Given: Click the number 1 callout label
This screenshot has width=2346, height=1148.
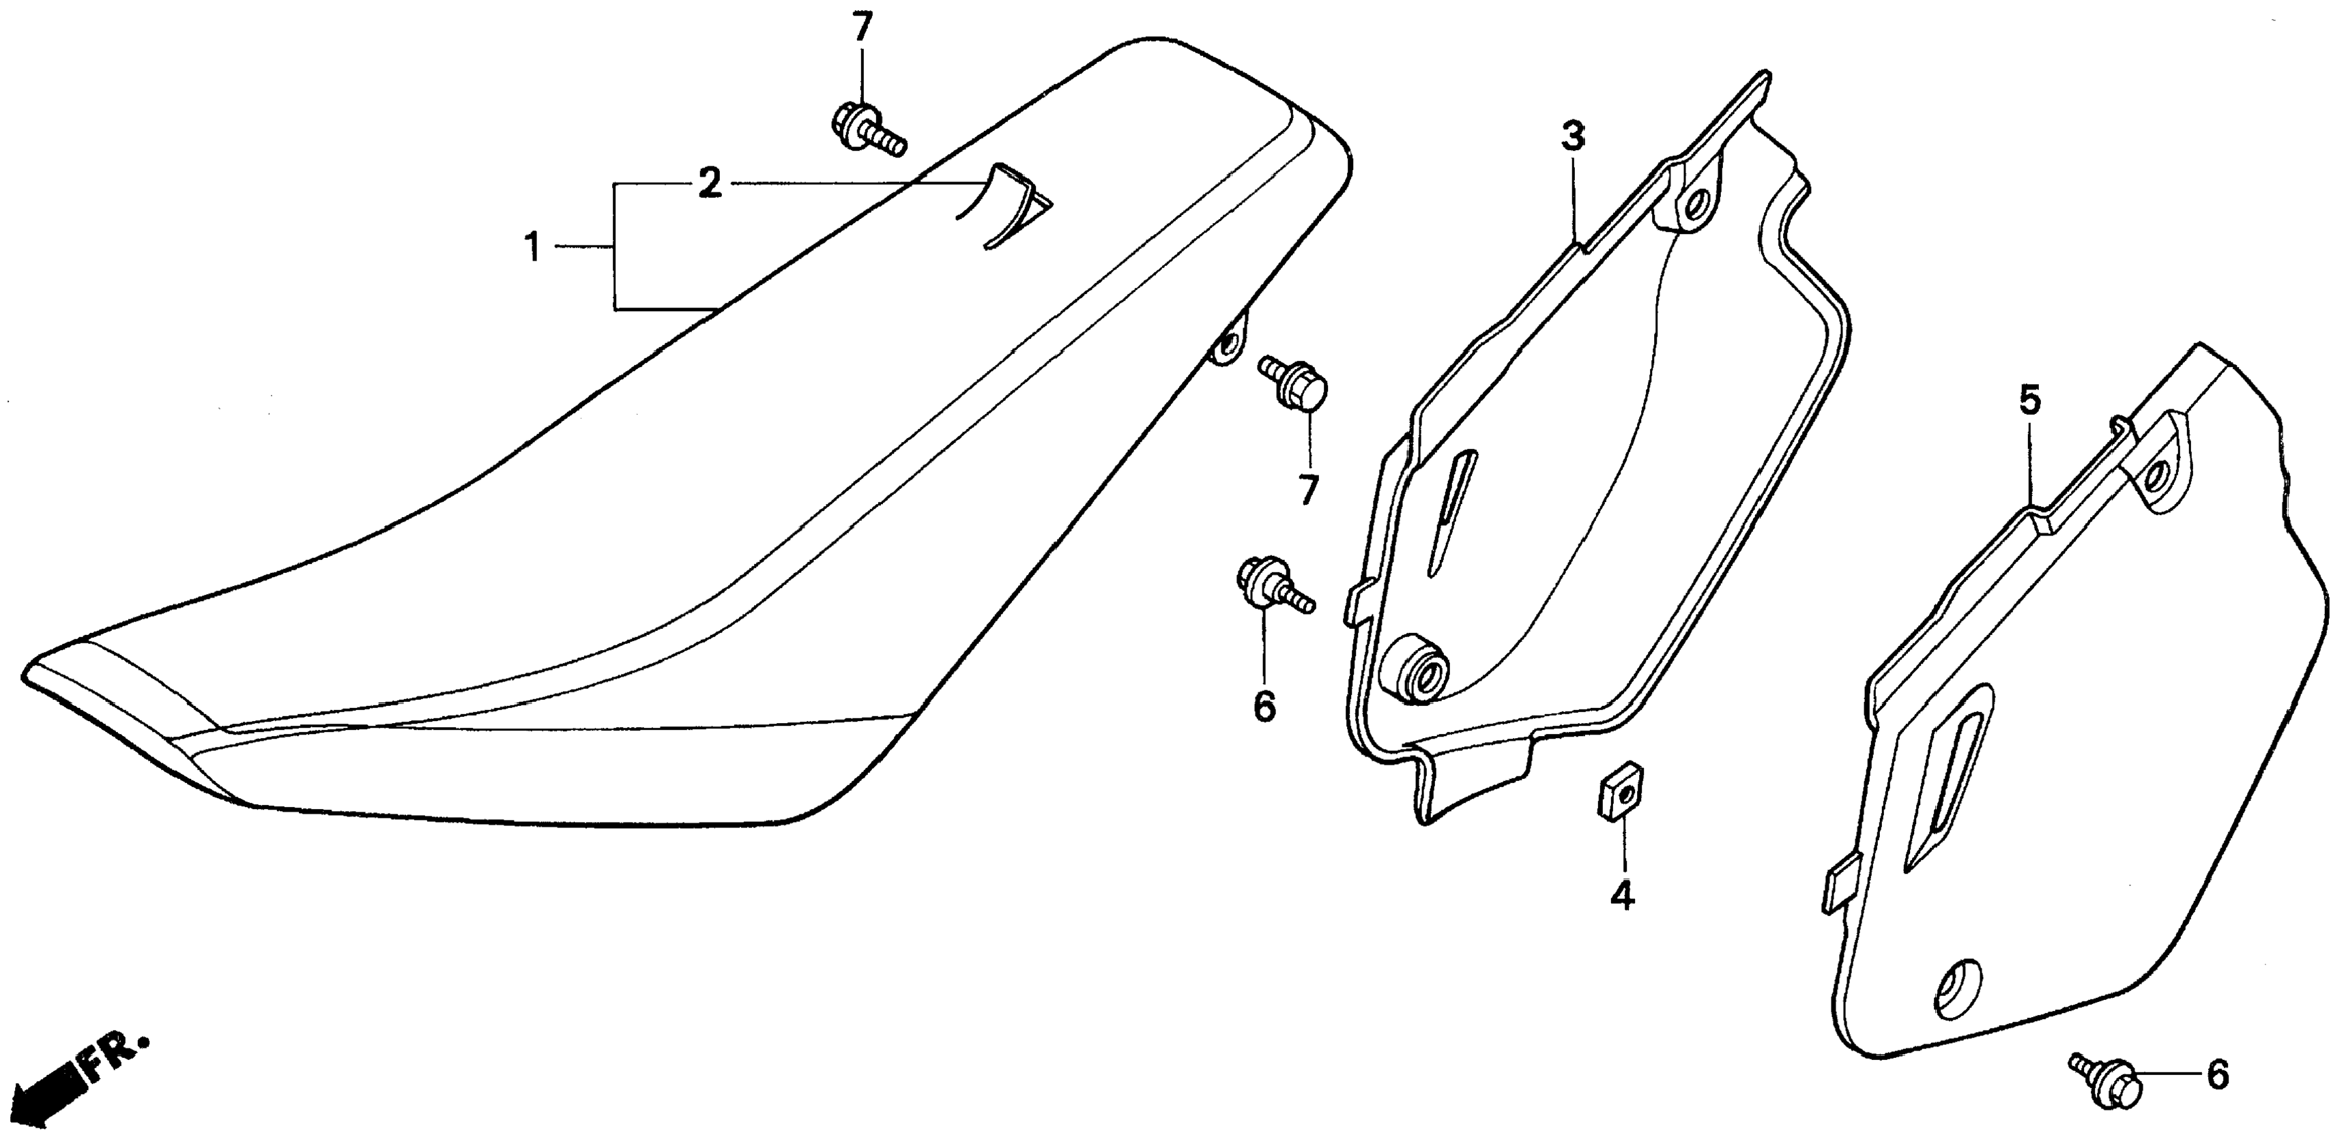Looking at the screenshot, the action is tap(534, 247).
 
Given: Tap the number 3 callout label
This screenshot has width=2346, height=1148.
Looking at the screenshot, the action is tap(1573, 136).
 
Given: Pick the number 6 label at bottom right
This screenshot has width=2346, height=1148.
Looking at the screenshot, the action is tap(2218, 1074).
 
